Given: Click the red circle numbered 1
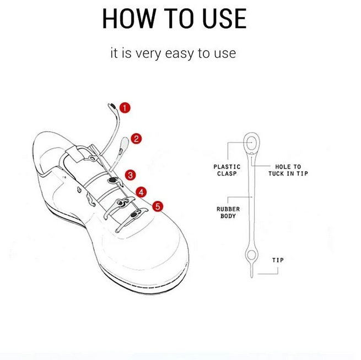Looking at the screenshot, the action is (125, 108).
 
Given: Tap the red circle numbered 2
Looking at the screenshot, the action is (136, 139).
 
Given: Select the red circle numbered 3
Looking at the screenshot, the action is (131, 175).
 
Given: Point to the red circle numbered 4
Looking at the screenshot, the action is (141, 192).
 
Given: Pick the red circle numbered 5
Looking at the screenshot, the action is (158, 206).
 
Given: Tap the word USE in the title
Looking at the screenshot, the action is (224, 18).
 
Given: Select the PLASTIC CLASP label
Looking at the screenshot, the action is (227, 170).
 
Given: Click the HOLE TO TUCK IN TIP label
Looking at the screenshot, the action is (288, 170).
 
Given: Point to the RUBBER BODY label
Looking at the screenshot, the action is (228, 212).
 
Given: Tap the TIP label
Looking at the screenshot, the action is (278, 260).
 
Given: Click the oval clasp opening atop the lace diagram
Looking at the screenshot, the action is (252, 143).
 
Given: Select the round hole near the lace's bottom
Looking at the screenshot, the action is (252, 254).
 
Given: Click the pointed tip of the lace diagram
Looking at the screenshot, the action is (252, 277).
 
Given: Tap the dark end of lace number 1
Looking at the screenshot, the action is (113, 106).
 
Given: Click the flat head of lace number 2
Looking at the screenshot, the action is (125, 143).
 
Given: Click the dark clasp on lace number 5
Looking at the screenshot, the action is (133, 215).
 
